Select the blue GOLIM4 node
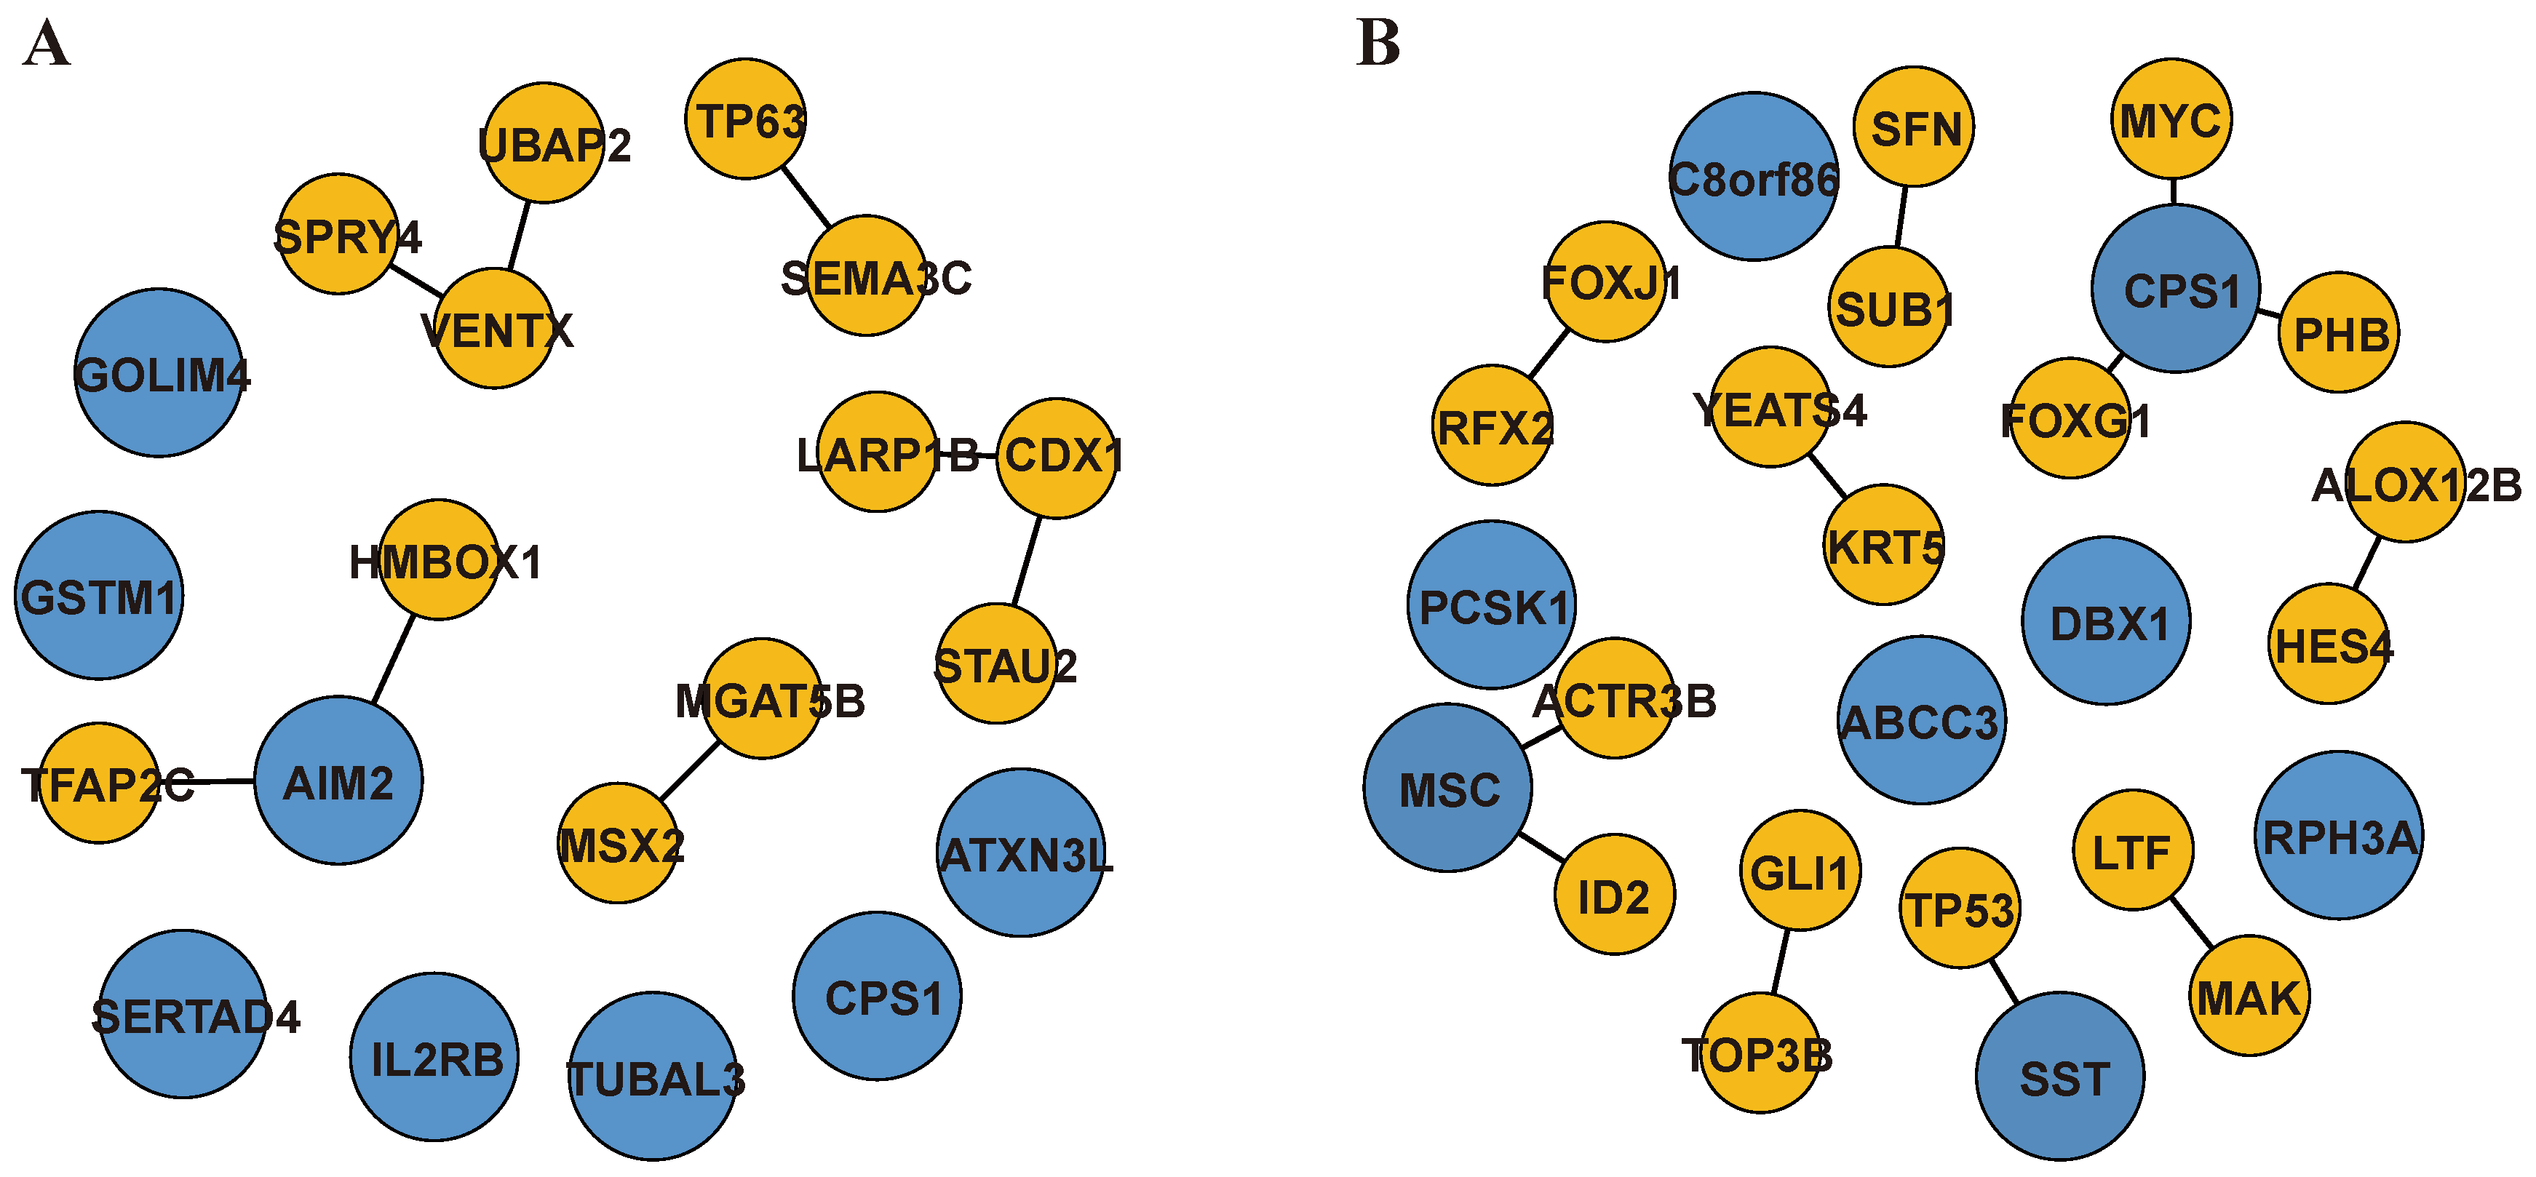coord(159,373)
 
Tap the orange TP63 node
coord(745,119)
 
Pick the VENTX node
coord(494,329)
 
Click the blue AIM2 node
coord(338,781)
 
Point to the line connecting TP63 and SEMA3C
coord(806,198)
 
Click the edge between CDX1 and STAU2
coord(1027,561)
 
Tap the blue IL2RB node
coord(434,1057)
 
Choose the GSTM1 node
coord(98,595)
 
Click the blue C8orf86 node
coord(1753,177)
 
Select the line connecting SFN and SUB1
coord(1902,217)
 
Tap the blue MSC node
coord(1448,787)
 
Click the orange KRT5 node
coord(1884,544)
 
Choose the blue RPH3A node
coord(2338,836)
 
